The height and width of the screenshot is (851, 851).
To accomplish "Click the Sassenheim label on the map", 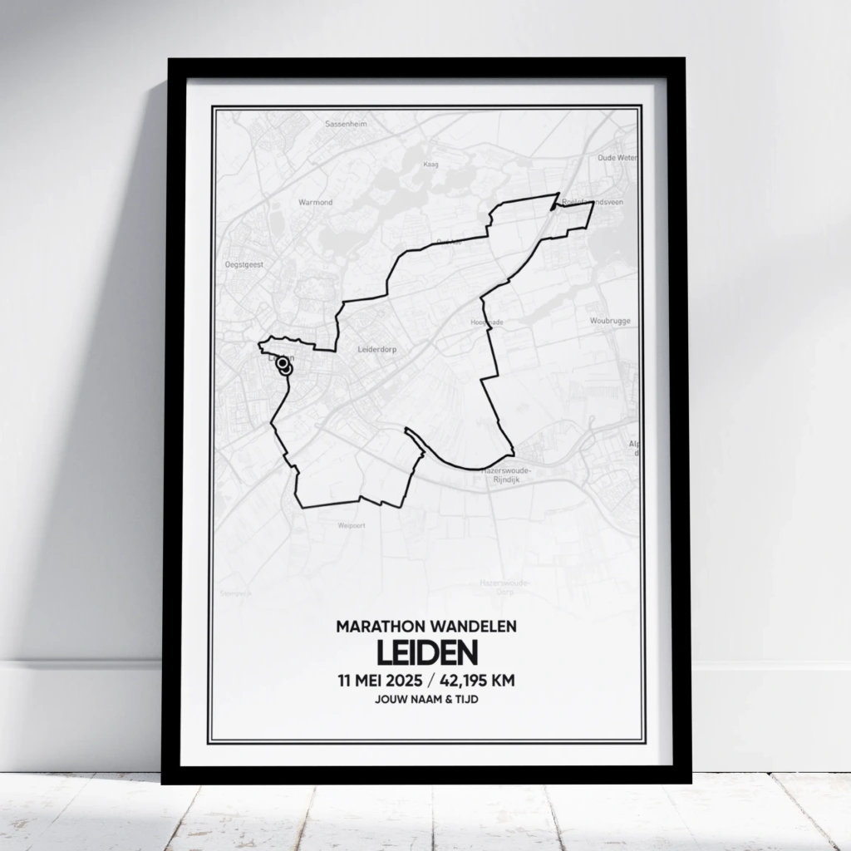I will [x=347, y=124].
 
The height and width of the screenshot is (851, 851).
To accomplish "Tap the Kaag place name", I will [x=430, y=165].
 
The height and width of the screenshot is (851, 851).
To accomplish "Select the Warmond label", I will [x=316, y=202].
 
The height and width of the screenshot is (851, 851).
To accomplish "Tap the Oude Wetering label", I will [x=617, y=157].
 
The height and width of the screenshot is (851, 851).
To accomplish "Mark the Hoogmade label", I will [x=488, y=322].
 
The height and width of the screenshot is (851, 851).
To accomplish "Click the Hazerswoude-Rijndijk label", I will [x=506, y=475].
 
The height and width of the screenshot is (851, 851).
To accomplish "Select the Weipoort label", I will [x=352, y=525].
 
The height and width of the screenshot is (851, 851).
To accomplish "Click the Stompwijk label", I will [x=235, y=593].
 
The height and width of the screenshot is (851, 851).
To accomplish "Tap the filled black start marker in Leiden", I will [x=283, y=363].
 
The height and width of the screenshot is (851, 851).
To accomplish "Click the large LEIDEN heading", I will [x=426, y=652].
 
